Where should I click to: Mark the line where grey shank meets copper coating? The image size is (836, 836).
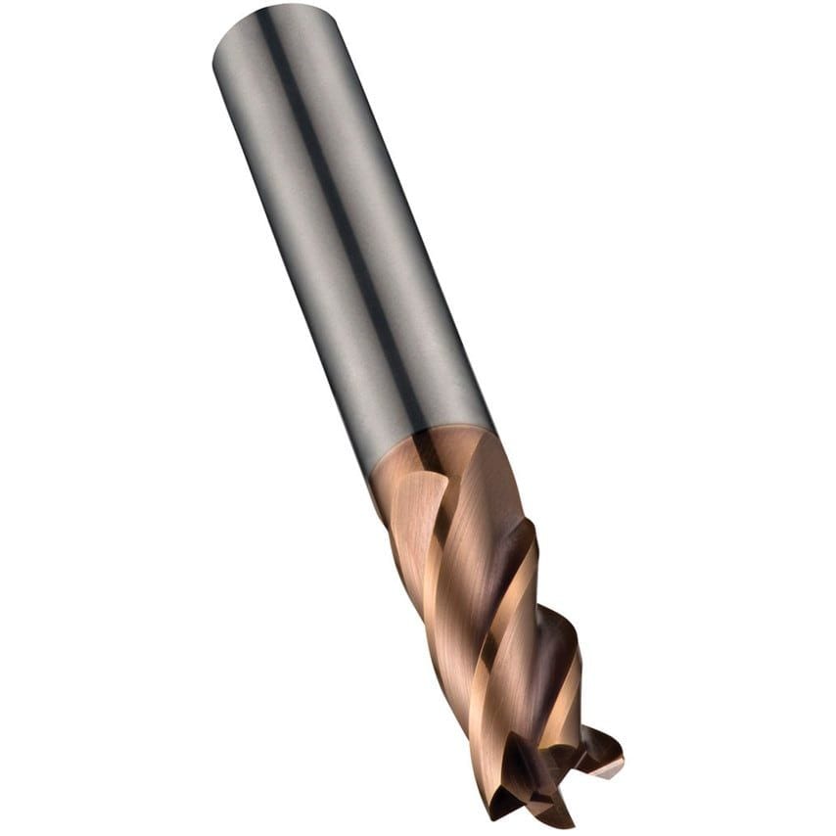431,445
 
